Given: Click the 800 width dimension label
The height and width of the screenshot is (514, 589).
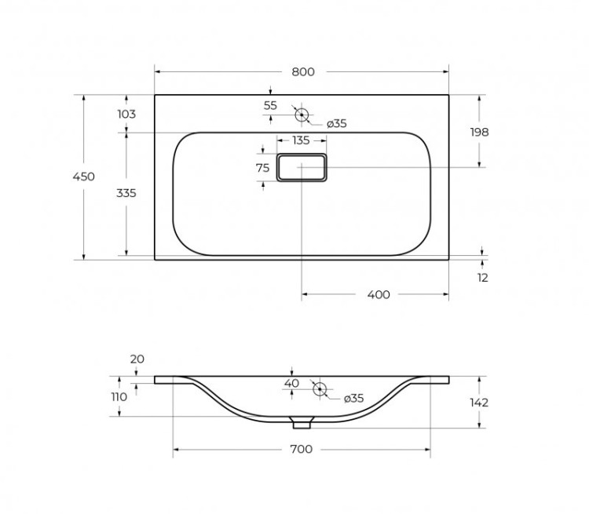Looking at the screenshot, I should pos(302,71).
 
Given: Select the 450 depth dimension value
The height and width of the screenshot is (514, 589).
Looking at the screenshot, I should pos(84,177).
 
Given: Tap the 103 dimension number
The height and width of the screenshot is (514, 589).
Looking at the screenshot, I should pos(126,114).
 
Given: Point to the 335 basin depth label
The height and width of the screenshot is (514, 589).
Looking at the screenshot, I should pos(126,192).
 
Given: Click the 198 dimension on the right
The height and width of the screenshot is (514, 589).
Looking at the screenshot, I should pos(479,132).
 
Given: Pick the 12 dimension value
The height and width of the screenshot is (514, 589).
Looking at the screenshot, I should pos(482,277).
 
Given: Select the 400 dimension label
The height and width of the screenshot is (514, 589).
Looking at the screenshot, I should pos(378,294).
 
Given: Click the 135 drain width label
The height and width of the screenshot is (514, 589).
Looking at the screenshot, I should pos(301,140).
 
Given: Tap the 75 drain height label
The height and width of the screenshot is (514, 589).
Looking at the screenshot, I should pos(263,167).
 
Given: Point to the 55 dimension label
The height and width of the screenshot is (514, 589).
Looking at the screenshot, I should pos(270,105).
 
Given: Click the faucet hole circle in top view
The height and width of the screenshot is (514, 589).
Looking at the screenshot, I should pos(302,115).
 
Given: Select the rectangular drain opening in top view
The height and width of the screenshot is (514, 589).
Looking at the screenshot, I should pos(302,167).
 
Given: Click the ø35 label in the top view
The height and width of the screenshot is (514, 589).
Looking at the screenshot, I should pos(337,123).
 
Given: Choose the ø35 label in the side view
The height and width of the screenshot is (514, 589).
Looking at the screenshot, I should pos(354,398).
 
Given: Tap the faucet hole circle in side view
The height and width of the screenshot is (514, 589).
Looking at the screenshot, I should pos(319,389).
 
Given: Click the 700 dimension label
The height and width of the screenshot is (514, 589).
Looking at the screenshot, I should pos(302,449).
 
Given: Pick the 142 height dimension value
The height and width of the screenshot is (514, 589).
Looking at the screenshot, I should pos(479,403).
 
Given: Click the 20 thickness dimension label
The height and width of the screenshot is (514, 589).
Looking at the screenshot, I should pos(137,359).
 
